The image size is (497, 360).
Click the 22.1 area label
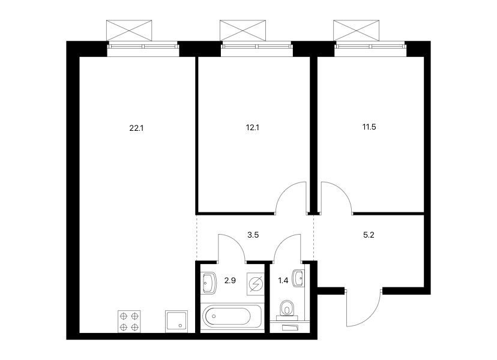(137, 128)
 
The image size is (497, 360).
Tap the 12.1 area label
(253, 128)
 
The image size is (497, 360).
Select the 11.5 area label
(369, 127)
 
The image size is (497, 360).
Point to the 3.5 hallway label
(253, 235)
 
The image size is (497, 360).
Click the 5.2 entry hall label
(369, 235)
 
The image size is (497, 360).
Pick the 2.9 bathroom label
(230, 280)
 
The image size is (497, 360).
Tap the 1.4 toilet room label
(283, 280)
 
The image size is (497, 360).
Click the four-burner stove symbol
(129, 322)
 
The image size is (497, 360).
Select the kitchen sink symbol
(176, 322)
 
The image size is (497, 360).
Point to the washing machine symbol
(255, 284)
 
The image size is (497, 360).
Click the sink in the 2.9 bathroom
(208, 283)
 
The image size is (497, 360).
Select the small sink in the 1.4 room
(298, 278)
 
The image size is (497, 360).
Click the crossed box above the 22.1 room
(129, 31)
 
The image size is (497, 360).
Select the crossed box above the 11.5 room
(357, 31)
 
